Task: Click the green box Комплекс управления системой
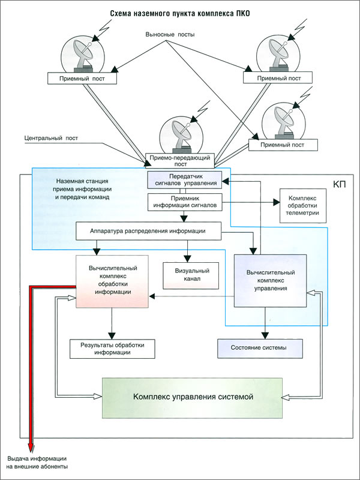coord(192,398)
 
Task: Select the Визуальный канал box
coord(191,275)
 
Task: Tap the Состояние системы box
coord(260,349)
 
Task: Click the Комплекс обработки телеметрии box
coord(303,206)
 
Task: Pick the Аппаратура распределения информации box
coord(148,231)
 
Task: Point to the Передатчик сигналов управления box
coord(185,179)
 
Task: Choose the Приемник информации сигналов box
coord(185,202)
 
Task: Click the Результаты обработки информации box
coord(112,349)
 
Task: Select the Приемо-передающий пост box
coord(180,161)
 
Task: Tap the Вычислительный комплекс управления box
coord(271,281)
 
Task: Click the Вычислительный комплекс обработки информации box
coord(112,281)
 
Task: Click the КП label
coord(339,184)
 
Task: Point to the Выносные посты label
coord(170,35)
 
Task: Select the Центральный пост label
coord(51,138)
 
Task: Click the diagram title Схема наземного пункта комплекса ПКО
coord(180,14)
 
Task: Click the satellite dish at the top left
coord(83,56)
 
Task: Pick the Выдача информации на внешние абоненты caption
coord(37,463)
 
